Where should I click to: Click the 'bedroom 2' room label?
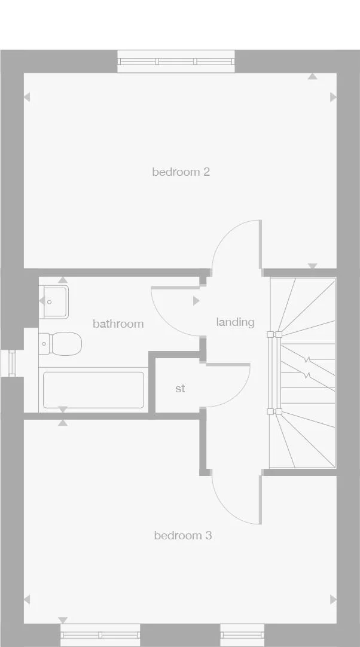(x=181, y=172)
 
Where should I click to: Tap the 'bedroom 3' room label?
(x=182, y=535)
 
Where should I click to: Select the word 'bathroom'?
(x=118, y=323)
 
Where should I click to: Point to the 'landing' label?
(x=235, y=322)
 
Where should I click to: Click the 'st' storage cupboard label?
(x=180, y=389)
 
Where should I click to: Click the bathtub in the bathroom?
(x=93, y=390)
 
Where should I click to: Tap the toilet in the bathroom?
(x=65, y=343)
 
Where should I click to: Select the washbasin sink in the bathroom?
(x=56, y=302)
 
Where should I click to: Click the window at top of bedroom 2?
(x=176, y=61)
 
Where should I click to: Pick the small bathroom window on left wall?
(x=10, y=363)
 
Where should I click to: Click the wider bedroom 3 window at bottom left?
(x=100, y=634)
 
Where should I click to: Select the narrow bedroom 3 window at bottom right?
(x=242, y=634)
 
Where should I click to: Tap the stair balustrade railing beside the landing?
(x=274, y=373)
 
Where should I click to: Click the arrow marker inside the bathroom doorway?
(x=196, y=301)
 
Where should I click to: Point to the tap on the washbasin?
(x=50, y=303)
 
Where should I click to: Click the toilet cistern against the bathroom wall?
(x=44, y=344)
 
